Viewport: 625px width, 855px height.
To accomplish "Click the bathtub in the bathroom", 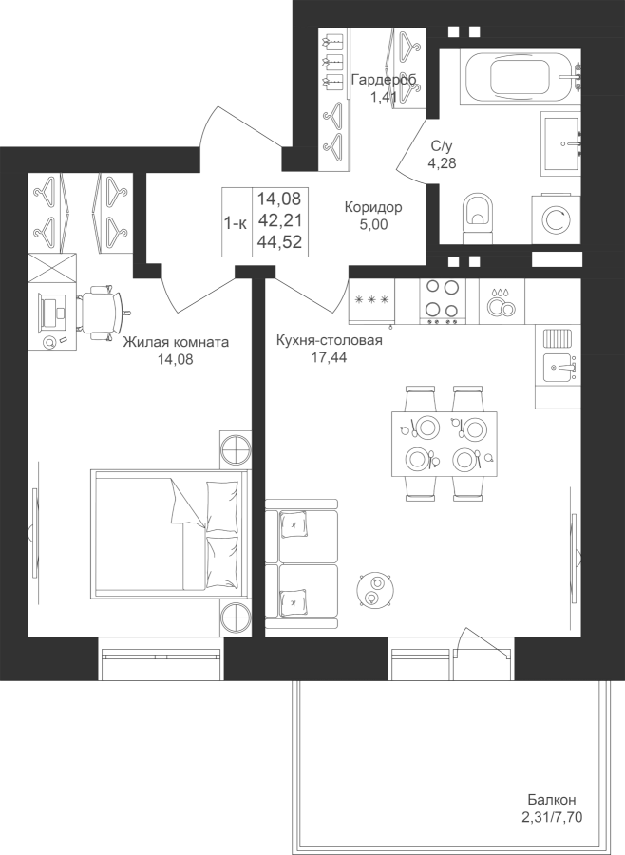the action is pyautogui.click(x=521, y=77).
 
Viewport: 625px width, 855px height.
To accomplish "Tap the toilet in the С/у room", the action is pyautogui.click(x=477, y=218).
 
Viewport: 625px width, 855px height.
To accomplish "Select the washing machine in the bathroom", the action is pyautogui.click(x=556, y=219).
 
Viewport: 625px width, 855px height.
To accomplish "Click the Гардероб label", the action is pyautogui.click(x=384, y=80).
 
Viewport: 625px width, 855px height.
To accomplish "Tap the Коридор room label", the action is pyautogui.click(x=373, y=207).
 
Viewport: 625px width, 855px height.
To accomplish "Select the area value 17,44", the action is pyautogui.click(x=329, y=357).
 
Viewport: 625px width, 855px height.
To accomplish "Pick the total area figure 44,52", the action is pyautogui.click(x=280, y=241).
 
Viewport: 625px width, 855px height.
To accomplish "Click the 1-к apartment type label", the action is pyautogui.click(x=236, y=222).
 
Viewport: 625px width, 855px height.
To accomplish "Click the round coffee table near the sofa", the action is pyautogui.click(x=373, y=589).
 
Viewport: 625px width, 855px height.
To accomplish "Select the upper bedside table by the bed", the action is pyautogui.click(x=236, y=449).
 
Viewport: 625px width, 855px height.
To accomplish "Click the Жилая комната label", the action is pyautogui.click(x=176, y=342).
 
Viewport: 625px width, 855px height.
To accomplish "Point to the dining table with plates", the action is pyautogui.click(x=444, y=444).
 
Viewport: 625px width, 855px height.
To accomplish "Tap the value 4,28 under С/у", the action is pyautogui.click(x=442, y=162).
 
